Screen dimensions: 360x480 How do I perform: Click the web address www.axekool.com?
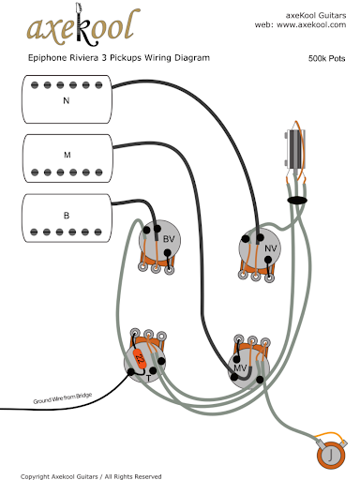pyautogui.click(x=311, y=24)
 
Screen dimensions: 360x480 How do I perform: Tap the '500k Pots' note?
pyautogui.click(x=326, y=58)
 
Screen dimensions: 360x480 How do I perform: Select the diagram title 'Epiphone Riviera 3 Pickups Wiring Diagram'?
pyautogui.click(x=119, y=58)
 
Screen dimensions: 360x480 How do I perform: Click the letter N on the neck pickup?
pyautogui.click(x=67, y=100)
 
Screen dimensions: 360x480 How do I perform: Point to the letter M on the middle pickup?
pyautogui.click(x=67, y=155)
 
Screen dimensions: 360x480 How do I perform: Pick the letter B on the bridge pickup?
pyautogui.click(x=67, y=216)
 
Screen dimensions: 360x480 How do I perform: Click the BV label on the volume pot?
pyautogui.click(x=169, y=239)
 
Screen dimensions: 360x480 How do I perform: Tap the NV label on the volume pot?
pyautogui.click(x=271, y=248)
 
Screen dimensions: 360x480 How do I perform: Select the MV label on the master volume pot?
pyautogui.click(x=240, y=368)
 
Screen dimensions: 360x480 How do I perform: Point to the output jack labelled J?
pyautogui.click(x=331, y=455)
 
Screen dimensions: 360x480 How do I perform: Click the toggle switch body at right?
pyautogui.click(x=294, y=149)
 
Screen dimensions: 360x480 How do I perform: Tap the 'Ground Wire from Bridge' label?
pyautogui.click(x=63, y=398)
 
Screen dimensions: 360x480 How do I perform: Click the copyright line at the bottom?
pyautogui.click(x=91, y=476)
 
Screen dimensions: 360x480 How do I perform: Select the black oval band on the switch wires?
pyautogui.click(x=297, y=200)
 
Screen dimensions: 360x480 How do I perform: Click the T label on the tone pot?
pyautogui.click(x=149, y=379)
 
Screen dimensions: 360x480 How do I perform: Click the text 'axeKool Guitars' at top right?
pyautogui.click(x=316, y=15)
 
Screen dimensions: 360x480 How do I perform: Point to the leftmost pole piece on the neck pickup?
pyautogui.click(x=35, y=85)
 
